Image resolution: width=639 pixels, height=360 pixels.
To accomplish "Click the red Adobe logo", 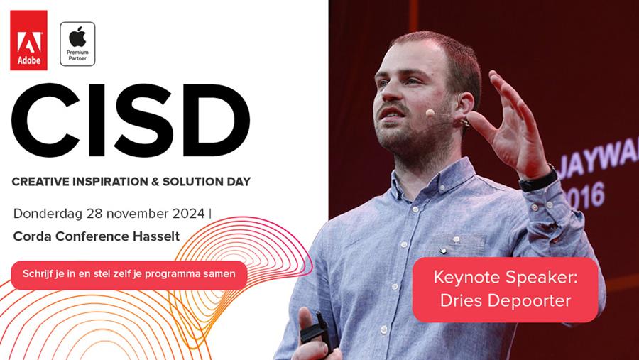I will coord(28,40).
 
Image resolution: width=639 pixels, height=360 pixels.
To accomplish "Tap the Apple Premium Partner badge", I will coord(77,44).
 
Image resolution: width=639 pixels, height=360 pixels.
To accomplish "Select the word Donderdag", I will coord(48,213).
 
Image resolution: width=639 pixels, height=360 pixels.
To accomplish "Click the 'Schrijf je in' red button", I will coord(129,274).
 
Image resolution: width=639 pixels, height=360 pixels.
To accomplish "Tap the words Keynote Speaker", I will coord(505,277).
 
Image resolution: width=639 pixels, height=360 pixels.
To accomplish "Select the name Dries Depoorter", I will coord(505,300).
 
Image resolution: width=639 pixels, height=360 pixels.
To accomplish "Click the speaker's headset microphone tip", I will coord(430,113).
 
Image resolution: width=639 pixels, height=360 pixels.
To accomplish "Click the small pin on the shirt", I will coord(442,250).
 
